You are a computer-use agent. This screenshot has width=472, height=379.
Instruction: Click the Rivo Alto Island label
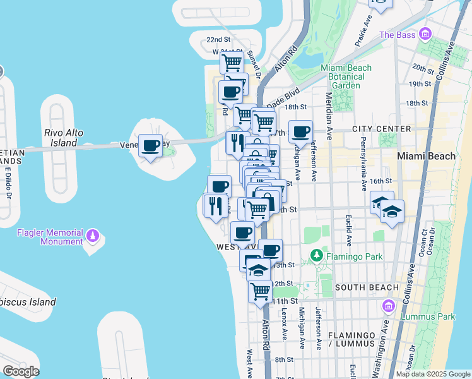point(60,138)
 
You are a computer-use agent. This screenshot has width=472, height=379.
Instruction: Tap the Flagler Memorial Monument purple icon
point(93,236)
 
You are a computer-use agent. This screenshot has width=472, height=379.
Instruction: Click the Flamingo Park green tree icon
point(317,256)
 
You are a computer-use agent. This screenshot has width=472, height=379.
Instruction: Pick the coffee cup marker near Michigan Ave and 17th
point(301,132)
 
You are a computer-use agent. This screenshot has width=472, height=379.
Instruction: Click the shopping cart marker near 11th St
point(260,291)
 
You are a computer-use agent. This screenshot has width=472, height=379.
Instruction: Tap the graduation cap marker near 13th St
point(257,270)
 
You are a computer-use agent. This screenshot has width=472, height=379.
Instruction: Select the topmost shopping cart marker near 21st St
point(232,63)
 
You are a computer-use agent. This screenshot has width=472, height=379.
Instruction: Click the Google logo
point(20,371)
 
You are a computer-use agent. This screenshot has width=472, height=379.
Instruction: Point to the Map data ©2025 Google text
point(433,374)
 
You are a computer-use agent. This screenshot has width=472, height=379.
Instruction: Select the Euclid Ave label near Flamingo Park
point(349,231)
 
